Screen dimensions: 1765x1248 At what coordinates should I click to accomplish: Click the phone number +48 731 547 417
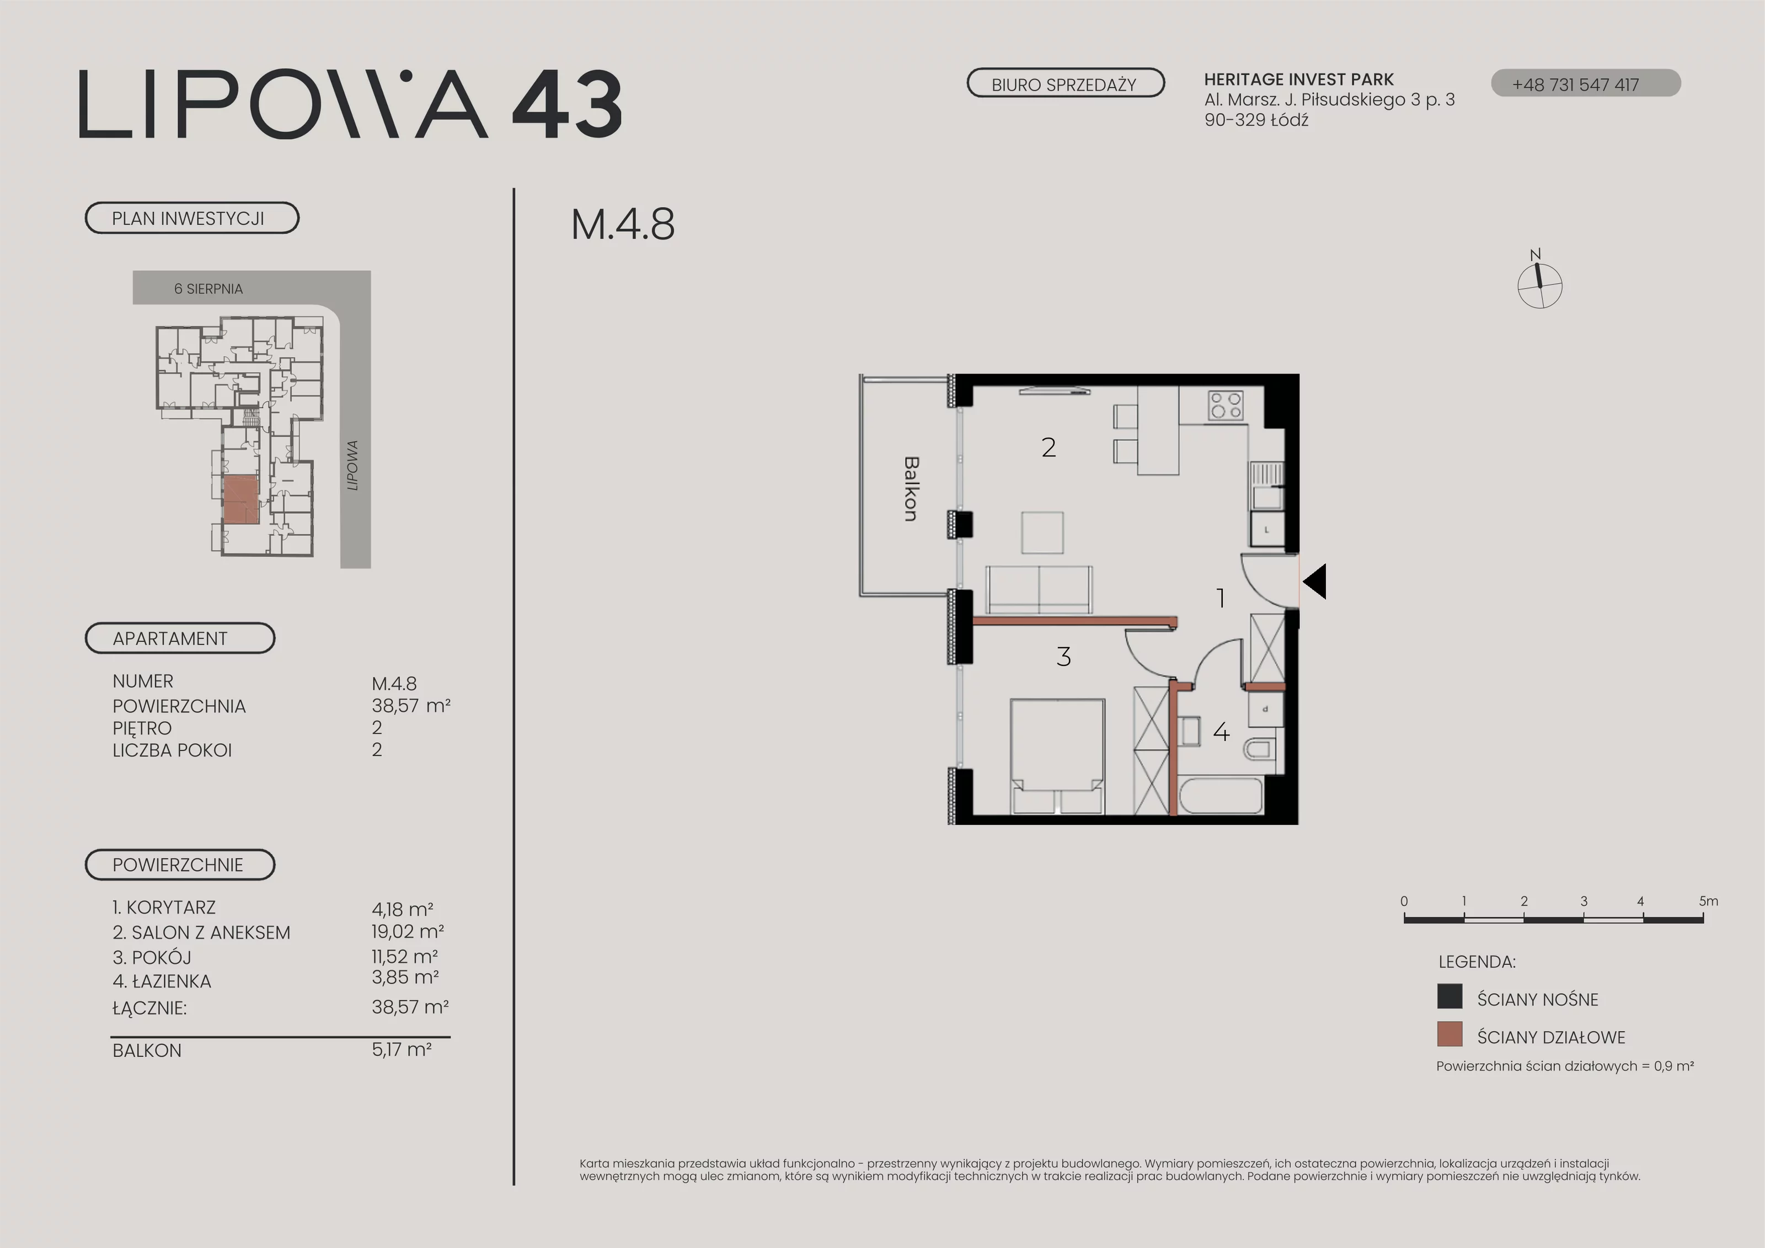(x=1575, y=84)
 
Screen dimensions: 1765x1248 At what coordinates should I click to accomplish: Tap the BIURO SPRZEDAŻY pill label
(x=1065, y=84)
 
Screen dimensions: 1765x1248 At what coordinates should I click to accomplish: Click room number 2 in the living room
(x=1049, y=447)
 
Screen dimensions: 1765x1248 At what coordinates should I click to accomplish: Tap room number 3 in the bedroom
(x=1064, y=657)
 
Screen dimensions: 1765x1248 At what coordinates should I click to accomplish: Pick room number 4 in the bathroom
(x=1221, y=731)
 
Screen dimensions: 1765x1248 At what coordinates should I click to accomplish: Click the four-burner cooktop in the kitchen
(x=1226, y=405)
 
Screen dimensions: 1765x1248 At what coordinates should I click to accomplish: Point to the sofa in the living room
(x=1039, y=590)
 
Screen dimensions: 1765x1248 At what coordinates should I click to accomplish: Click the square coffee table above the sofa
(x=1042, y=532)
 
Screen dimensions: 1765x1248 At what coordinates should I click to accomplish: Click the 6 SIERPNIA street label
(x=208, y=289)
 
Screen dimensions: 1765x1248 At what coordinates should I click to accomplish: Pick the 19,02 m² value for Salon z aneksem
(x=408, y=932)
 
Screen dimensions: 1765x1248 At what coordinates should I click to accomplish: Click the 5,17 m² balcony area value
(x=402, y=1049)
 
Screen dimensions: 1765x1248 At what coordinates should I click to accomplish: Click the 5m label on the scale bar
(x=1708, y=901)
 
